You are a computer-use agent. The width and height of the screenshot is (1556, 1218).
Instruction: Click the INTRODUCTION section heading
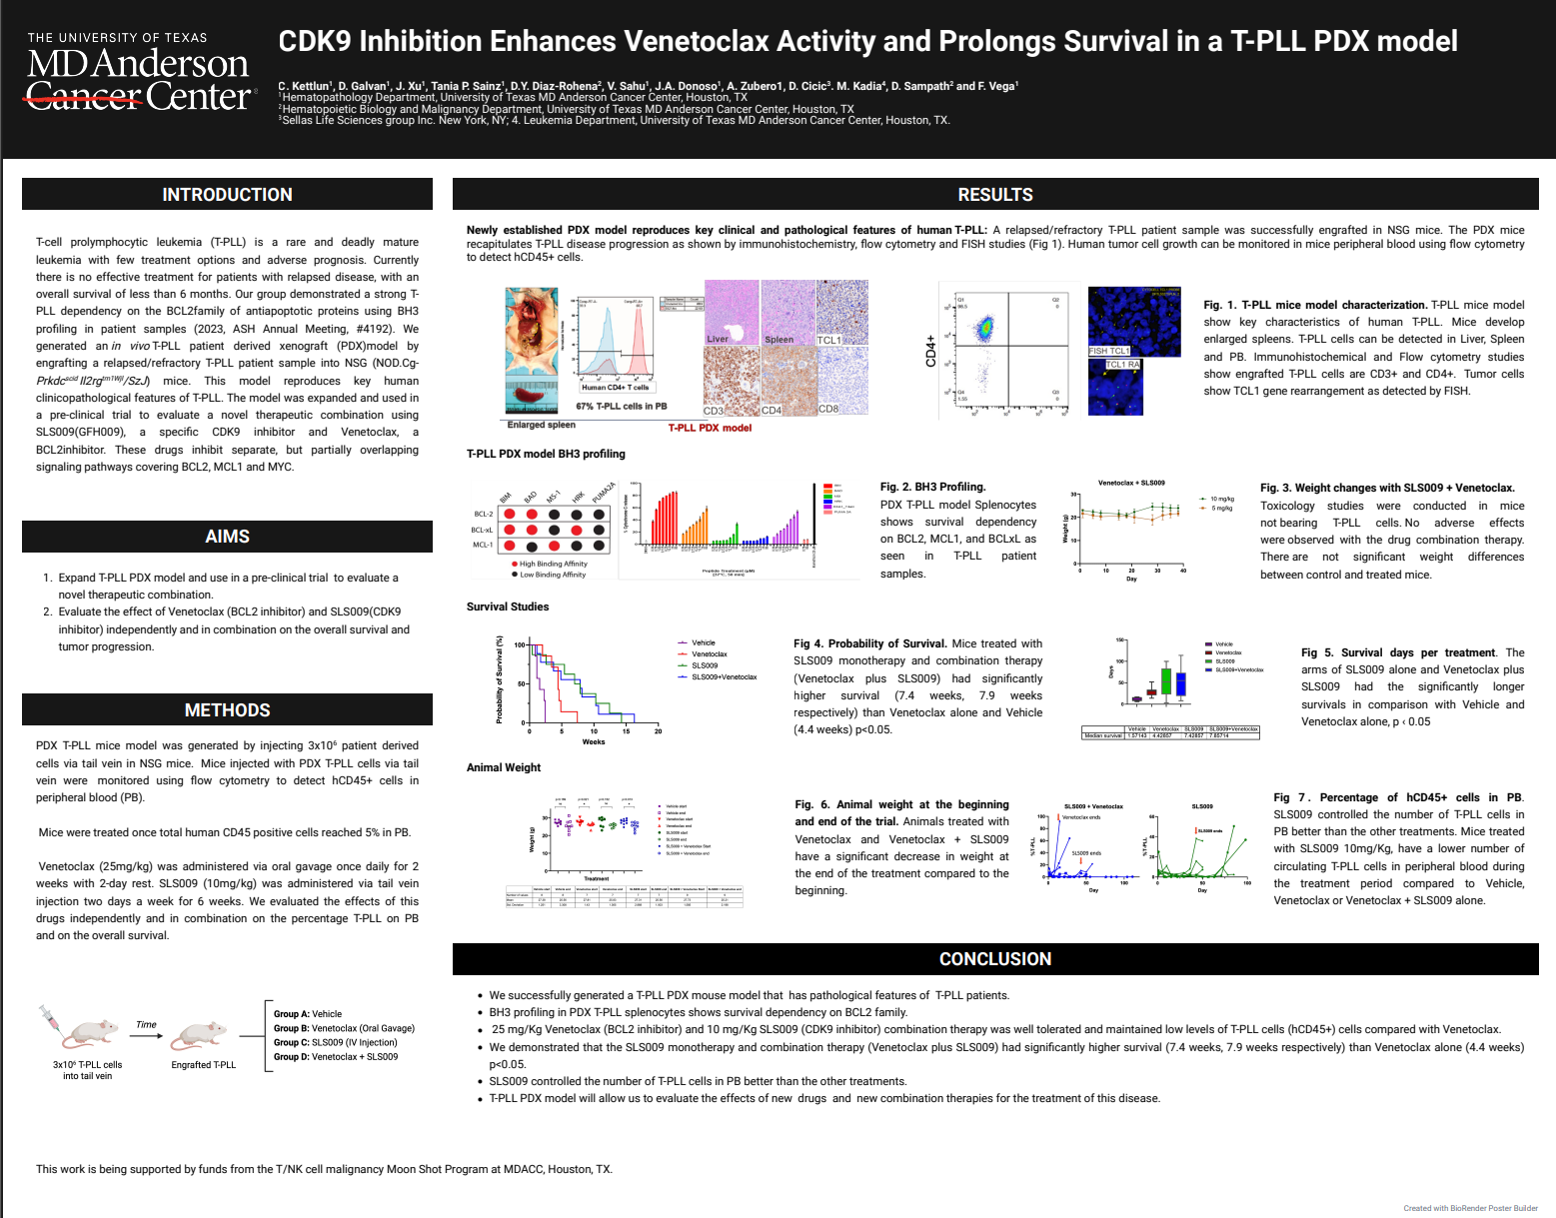(x=227, y=195)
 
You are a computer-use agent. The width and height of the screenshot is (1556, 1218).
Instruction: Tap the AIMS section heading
(x=227, y=537)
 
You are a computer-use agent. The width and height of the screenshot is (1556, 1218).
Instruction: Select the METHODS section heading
(x=227, y=710)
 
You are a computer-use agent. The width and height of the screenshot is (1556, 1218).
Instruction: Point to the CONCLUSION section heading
(x=994, y=959)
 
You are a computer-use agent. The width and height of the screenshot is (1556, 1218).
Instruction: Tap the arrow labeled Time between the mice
(x=146, y=1034)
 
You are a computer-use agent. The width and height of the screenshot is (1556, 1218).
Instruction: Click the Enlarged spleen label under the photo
(x=541, y=425)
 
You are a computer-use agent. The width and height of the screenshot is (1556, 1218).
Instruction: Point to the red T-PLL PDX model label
(x=710, y=428)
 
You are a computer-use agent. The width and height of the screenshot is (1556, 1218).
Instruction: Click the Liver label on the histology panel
(x=718, y=339)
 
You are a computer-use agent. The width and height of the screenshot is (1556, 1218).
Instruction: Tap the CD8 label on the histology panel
(x=828, y=409)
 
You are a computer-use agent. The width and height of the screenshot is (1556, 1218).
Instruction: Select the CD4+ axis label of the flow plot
(x=931, y=351)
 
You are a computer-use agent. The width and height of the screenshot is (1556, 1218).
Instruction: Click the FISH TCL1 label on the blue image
(x=1108, y=351)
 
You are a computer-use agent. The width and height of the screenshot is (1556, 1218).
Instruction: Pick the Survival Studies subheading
(x=508, y=607)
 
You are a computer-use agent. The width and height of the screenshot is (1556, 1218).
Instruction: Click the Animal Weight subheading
(x=504, y=767)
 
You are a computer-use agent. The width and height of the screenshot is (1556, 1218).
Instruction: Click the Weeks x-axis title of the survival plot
(x=594, y=742)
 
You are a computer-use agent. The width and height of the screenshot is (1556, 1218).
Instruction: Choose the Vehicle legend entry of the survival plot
(x=703, y=643)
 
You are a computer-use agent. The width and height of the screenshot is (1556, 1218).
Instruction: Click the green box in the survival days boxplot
(x=1166, y=680)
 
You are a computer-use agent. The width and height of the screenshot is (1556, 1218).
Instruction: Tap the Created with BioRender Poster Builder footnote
(x=1470, y=1208)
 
